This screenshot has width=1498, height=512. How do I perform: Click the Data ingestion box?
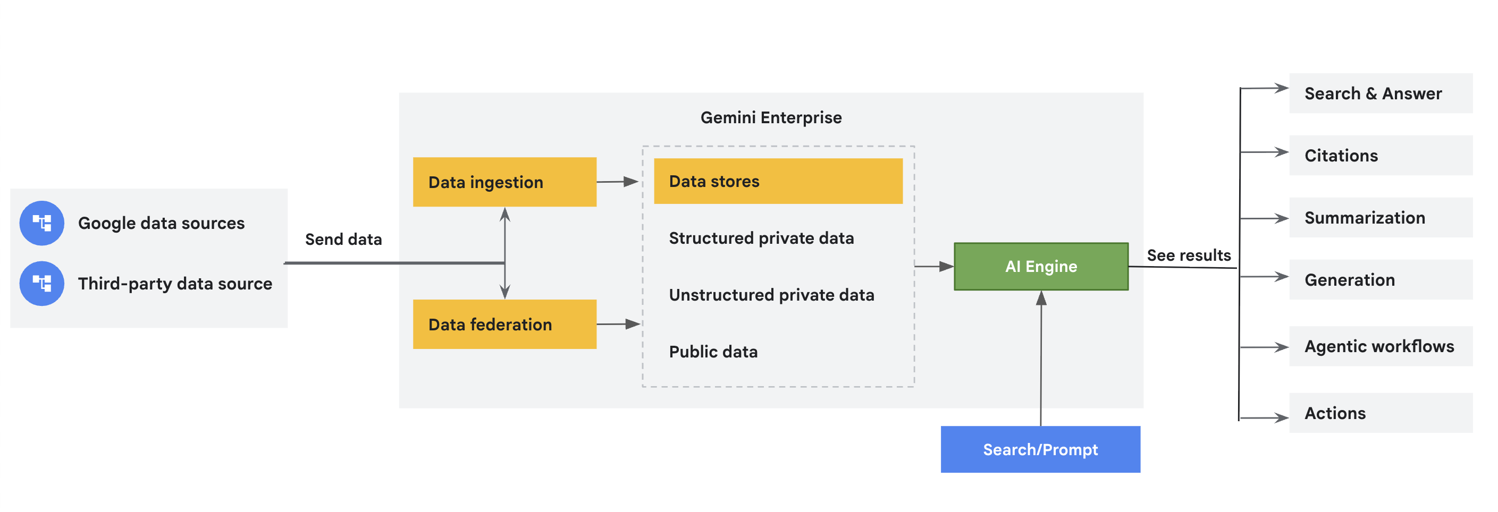(504, 182)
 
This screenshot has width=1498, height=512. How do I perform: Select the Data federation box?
(504, 325)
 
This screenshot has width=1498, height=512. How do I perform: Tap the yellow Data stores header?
(778, 181)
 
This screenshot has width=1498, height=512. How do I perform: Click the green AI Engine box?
(1041, 267)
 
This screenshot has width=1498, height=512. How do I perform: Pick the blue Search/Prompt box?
(1040, 449)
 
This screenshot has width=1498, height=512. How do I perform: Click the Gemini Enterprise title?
(770, 118)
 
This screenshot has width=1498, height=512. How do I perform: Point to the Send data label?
(343, 240)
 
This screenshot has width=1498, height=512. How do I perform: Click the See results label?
(1189, 255)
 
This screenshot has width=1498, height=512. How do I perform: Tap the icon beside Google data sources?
(42, 223)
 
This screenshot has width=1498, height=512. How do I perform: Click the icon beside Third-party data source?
(42, 284)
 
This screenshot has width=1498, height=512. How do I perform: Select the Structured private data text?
(761, 238)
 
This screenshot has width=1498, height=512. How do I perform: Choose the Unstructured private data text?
(771, 295)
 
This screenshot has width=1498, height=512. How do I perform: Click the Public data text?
(713, 352)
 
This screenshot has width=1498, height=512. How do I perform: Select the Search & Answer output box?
(1380, 93)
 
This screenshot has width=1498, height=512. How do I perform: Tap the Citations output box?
(1380, 156)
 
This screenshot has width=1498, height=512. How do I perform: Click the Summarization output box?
(1380, 218)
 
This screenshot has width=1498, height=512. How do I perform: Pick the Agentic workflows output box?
(1380, 346)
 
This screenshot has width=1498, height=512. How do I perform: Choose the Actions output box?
(1380, 413)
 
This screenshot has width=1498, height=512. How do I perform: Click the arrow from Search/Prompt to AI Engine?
(1041, 360)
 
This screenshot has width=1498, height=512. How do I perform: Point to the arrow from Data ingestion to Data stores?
(618, 182)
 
